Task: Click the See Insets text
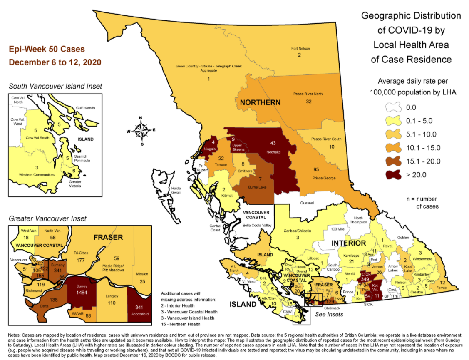click(329, 314)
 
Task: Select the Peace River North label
click(308, 94)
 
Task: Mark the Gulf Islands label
click(85, 108)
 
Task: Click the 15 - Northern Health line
click(182, 324)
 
